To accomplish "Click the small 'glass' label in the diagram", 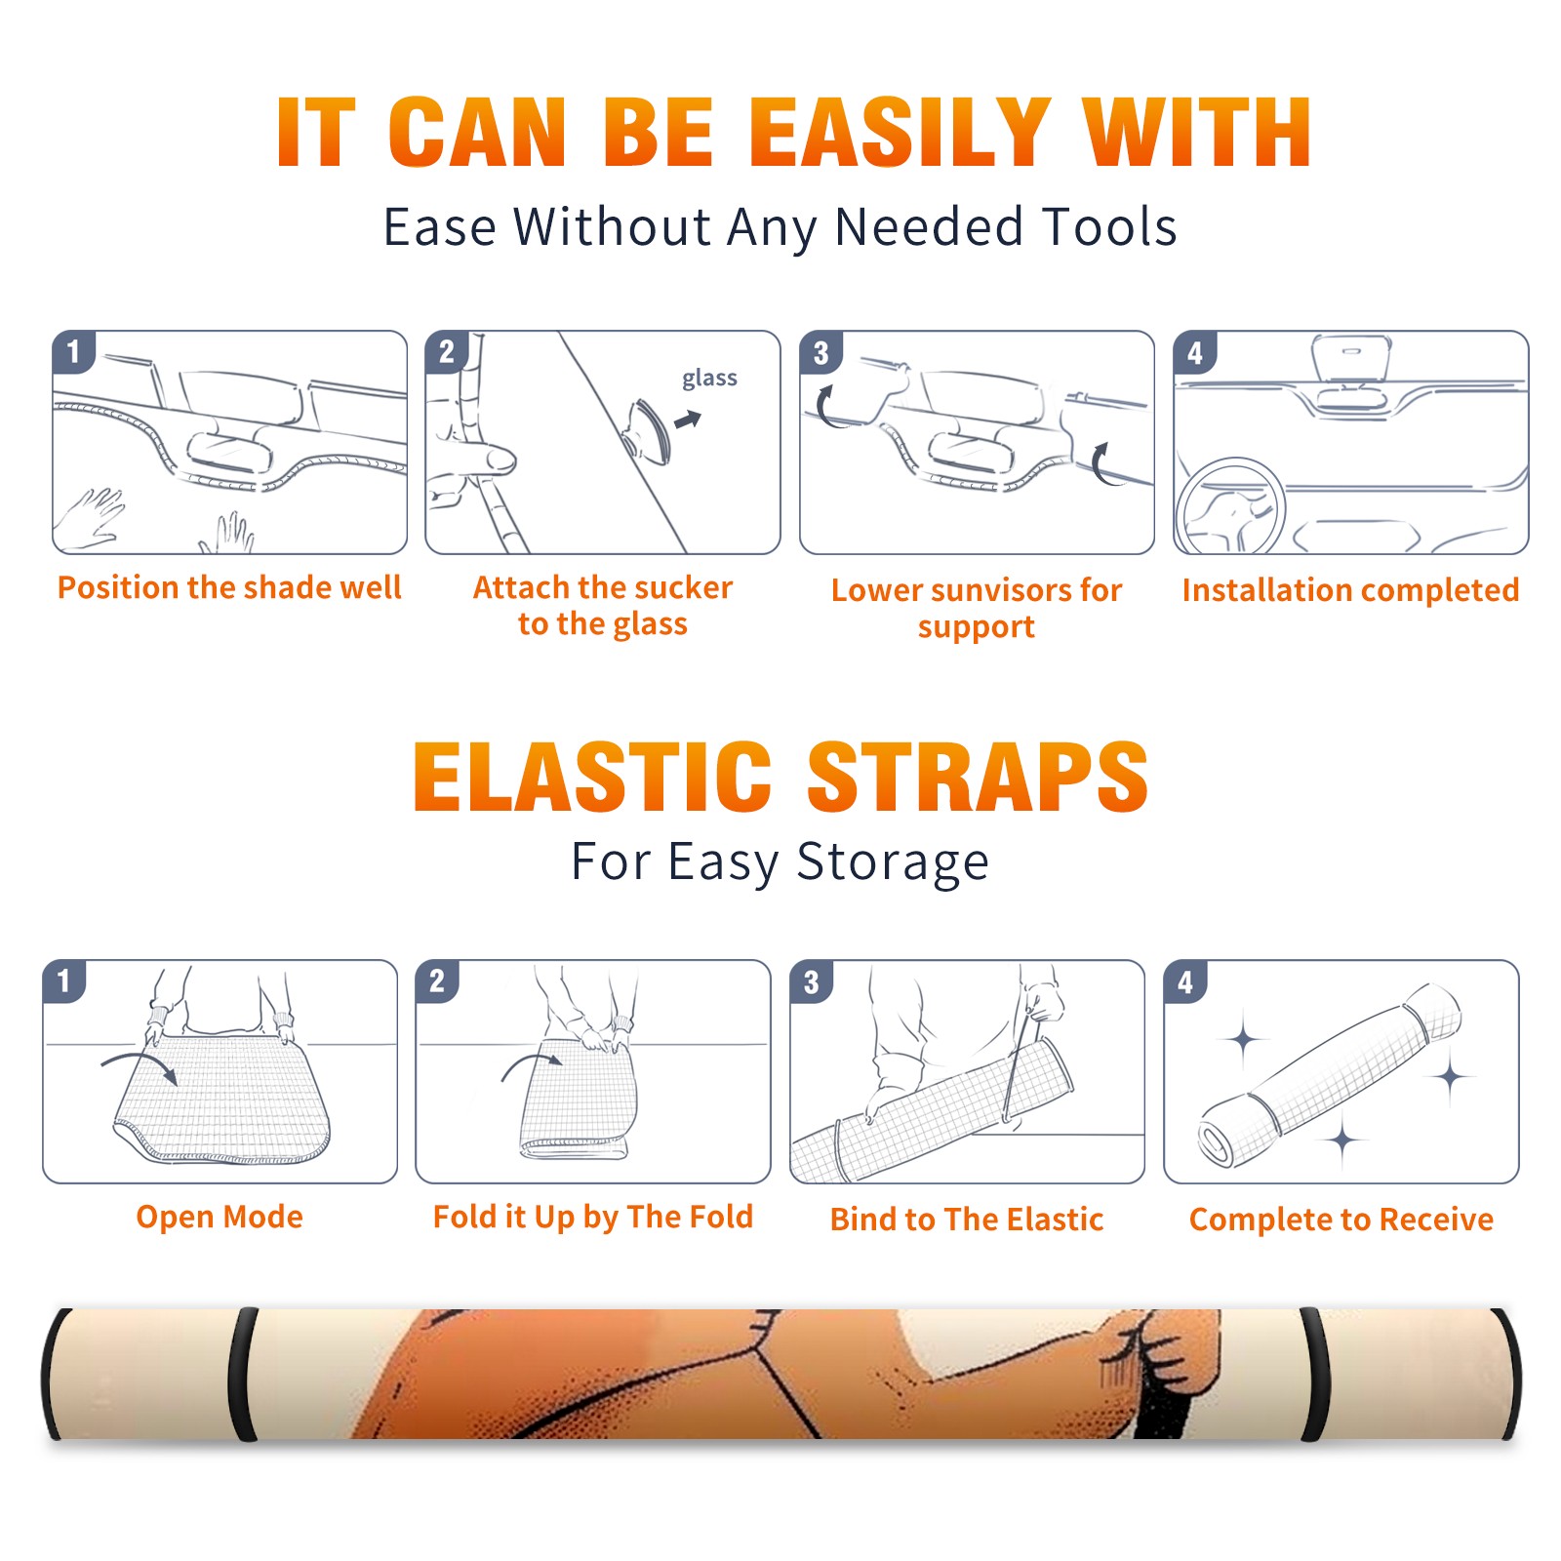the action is coord(709,379).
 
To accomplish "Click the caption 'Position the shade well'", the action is coord(229,587).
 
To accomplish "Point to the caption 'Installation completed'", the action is coord(1350,590).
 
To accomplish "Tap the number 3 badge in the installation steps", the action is coord(821,352).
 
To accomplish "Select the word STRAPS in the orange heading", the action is coord(978,777).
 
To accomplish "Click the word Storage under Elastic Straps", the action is coord(893,862).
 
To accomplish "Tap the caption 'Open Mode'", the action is coord(220,1217).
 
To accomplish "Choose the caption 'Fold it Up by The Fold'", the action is coord(593,1217).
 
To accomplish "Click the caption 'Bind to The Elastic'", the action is coord(967,1220).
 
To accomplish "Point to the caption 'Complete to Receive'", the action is coord(1341,1220).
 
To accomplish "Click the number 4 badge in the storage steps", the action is coord(1185,981).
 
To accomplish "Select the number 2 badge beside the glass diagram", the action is coord(447,352).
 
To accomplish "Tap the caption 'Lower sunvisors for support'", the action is coord(977,608).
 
